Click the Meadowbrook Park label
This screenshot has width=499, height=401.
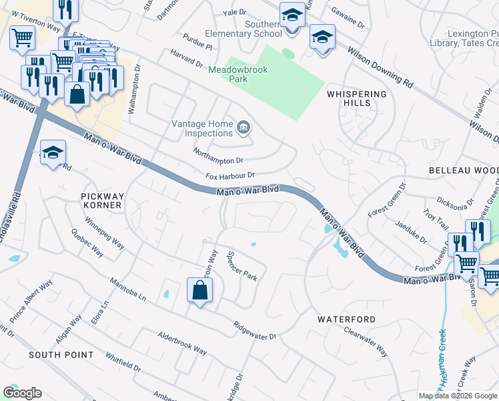[237, 74]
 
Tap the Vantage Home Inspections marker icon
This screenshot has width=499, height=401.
[243, 125]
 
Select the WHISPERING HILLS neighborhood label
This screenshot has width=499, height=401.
[357, 99]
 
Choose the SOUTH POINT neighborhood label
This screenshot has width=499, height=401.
[61, 354]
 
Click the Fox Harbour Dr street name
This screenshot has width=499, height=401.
[230, 176]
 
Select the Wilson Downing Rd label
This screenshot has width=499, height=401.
[379, 67]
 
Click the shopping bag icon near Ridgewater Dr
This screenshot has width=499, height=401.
[199, 291]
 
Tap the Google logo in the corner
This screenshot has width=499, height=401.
[22, 393]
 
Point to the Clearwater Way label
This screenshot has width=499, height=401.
[365, 341]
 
